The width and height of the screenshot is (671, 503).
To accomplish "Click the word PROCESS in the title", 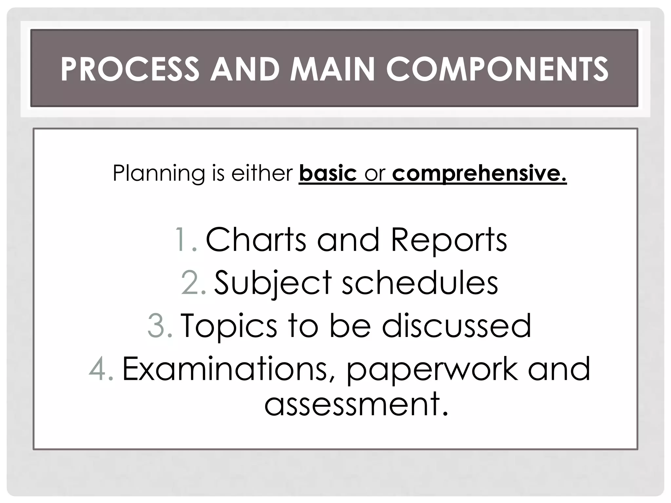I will coord(130,69).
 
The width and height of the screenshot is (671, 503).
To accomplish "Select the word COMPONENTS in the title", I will coord(497,69).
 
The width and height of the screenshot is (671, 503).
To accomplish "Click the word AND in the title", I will coord(244,69).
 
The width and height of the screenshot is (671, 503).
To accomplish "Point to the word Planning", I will coord(159,173).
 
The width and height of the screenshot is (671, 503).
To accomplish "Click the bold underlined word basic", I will coord(328,173).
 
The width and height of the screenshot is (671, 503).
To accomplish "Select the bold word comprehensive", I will coord(479,173).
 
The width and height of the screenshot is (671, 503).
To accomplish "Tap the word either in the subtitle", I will coord(262,173).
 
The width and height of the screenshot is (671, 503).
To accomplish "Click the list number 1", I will coord(186,240).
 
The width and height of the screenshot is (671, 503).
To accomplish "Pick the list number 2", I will coord(193,282).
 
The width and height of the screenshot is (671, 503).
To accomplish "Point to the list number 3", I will coord(160,326).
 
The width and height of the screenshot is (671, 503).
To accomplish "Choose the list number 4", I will coord(101,369).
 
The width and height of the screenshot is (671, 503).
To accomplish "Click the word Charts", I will coord(256,240).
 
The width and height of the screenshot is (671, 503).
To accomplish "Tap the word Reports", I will coord(449,240).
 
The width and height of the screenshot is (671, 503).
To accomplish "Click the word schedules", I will coord(420,282).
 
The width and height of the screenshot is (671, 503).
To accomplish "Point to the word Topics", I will coord(229,326).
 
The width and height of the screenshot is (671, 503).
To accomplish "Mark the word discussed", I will coord(456,326).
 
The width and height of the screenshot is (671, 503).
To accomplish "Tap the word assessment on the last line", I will coord(356,404).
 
